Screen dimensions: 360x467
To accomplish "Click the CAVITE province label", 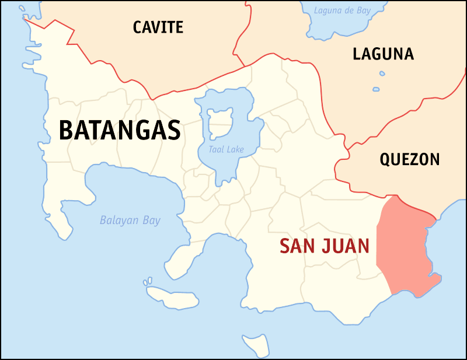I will [158, 27].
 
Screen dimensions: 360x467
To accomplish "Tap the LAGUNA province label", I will [383, 54].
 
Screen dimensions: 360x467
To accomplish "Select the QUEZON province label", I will [409, 159].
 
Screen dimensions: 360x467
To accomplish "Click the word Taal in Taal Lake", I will [217, 150].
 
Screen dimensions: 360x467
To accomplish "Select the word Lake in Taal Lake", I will [235, 150].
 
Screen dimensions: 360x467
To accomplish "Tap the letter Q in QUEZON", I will [386, 159].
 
